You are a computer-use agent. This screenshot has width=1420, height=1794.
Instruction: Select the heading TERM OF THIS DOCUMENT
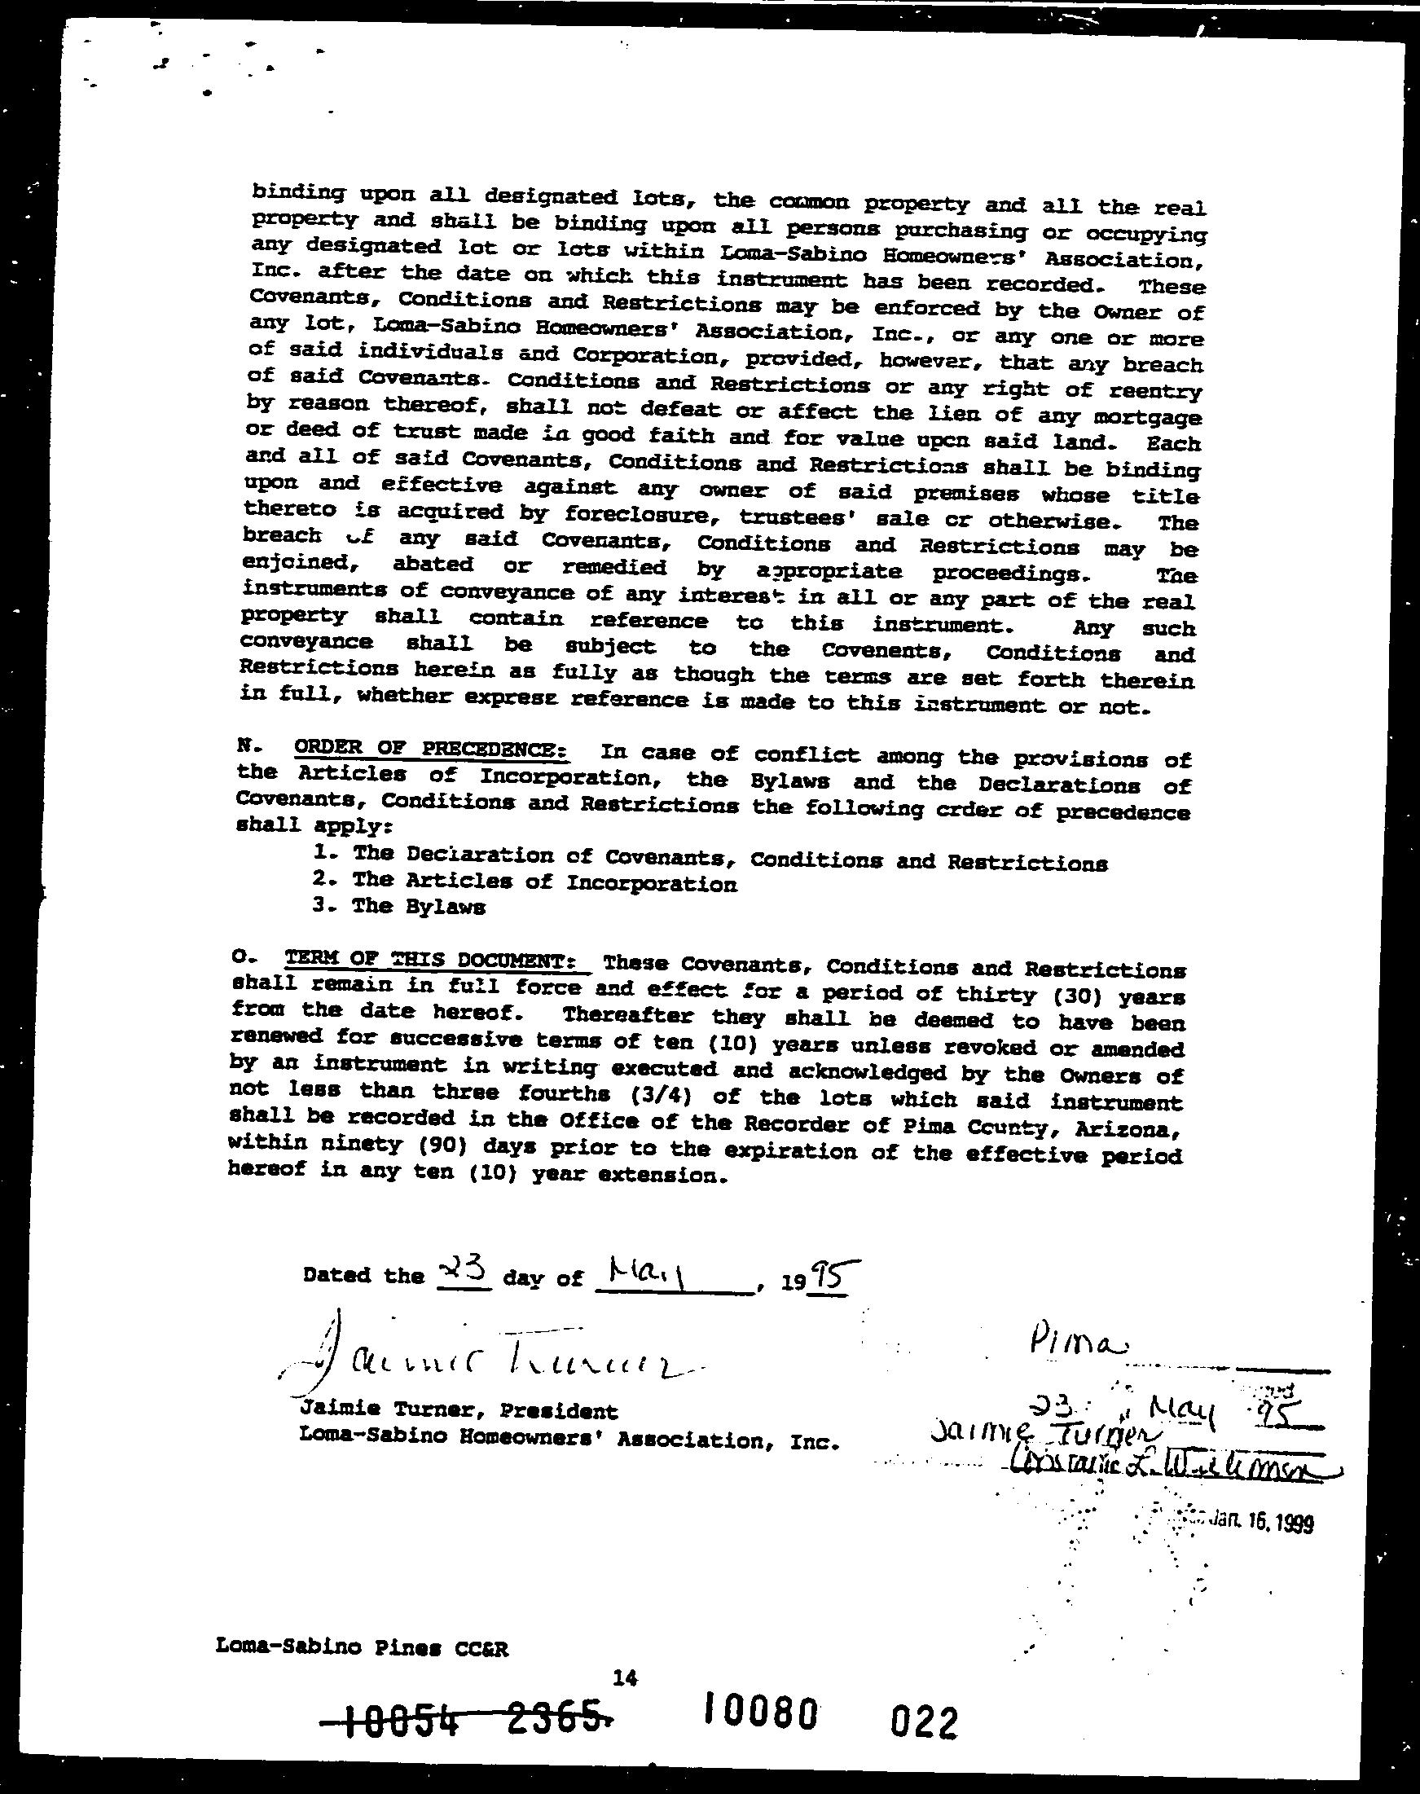tap(437, 961)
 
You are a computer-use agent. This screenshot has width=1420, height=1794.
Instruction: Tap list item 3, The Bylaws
tap(399, 906)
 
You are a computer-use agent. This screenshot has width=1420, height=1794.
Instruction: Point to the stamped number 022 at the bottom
tap(924, 1719)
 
